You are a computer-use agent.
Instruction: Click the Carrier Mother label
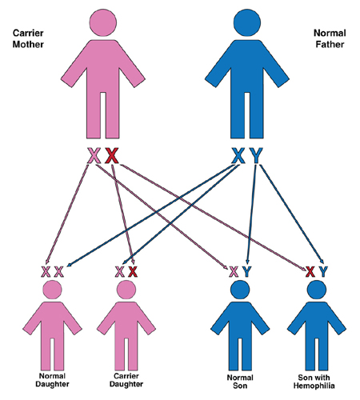pyautogui.click(x=28, y=38)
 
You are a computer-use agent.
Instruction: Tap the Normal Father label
pyautogui.click(x=330, y=38)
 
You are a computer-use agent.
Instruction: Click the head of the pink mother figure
pyautogui.click(x=103, y=22)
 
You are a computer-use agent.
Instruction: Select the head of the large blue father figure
pyautogui.click(x=247, y=22)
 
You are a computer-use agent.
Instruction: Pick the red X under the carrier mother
pyautogui.click(x=111, y=155)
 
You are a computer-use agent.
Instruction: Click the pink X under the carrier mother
pyautogui.click(x=94, y=155)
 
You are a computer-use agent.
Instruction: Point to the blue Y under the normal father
pyautogui.click(x=256, y=155)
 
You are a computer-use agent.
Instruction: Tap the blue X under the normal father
pyautogui.click(x=238, y=155)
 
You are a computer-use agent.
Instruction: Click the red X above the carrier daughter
pyautogui.click(x=133, y=272)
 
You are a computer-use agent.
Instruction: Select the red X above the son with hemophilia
pyautogui.click(x=310, y=272)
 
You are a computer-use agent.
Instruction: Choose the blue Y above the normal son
pyautogui.click(x=246, y=272)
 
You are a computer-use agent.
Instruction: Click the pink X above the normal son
pyautogui.click(x=234, y=272)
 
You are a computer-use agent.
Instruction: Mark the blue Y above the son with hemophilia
pyautogui.click(x=323, y=272)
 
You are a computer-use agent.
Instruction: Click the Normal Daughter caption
pyautogui.click(x=52, y=380)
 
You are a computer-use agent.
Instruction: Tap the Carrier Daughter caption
pyautogui.click(x=126, y=380)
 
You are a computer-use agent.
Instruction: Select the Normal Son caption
pyautogui.click(x=240, y=382)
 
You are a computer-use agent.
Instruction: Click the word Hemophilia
pyautogui.click(x=314, y=386)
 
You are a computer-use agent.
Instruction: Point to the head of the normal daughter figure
pyautogui.click(x=52, y=290)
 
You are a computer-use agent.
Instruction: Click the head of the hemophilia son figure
pyautogui.click(x=317, y=290)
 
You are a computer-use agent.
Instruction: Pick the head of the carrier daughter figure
pyautogui.click(x=126, y=290)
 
